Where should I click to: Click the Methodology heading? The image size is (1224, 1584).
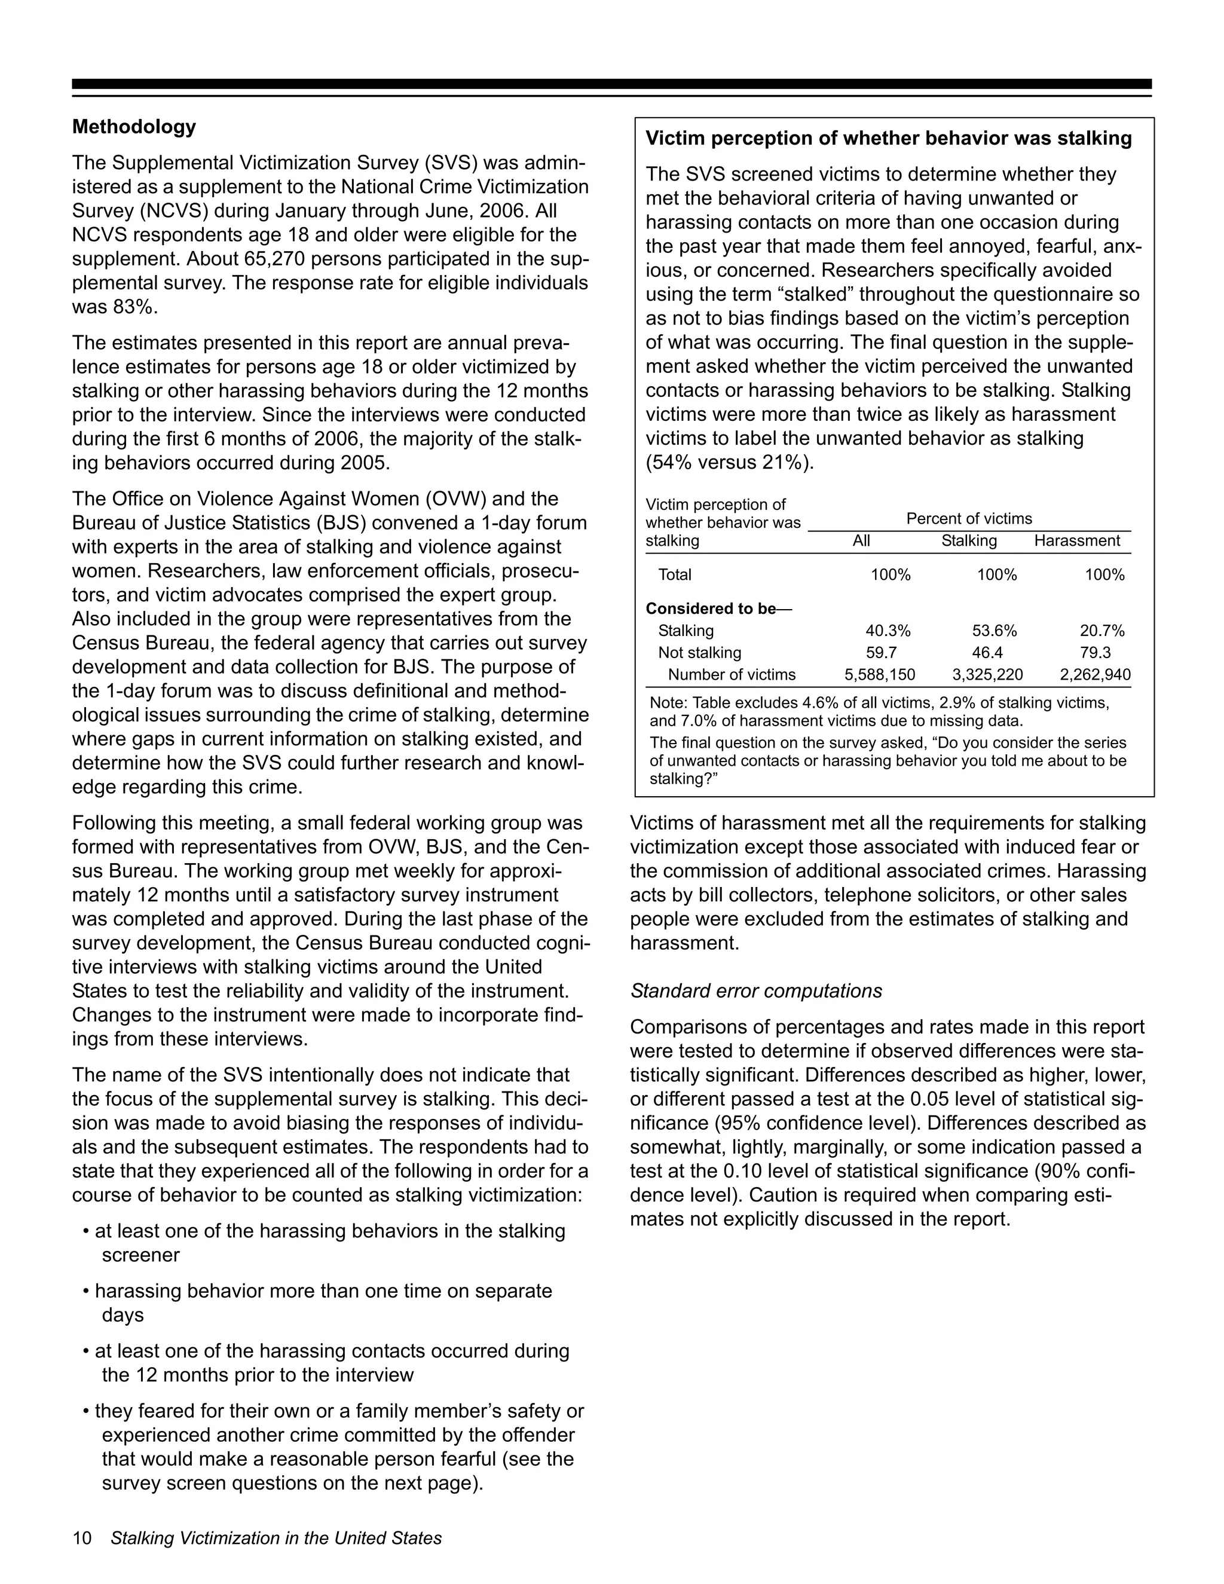coord(134,127)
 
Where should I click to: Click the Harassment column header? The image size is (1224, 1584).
coord(1077,541)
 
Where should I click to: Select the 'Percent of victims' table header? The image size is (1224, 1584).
coord(969,519)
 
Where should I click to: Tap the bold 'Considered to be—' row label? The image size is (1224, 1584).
coord(718,608)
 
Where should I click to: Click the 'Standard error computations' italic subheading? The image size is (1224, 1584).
coord(755,990)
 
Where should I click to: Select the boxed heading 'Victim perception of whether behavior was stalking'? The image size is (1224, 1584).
coord(888,139)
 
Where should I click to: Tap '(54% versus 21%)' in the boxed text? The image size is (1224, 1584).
coord(730,463)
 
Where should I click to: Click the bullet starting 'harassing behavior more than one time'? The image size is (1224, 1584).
coord(323,1291)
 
